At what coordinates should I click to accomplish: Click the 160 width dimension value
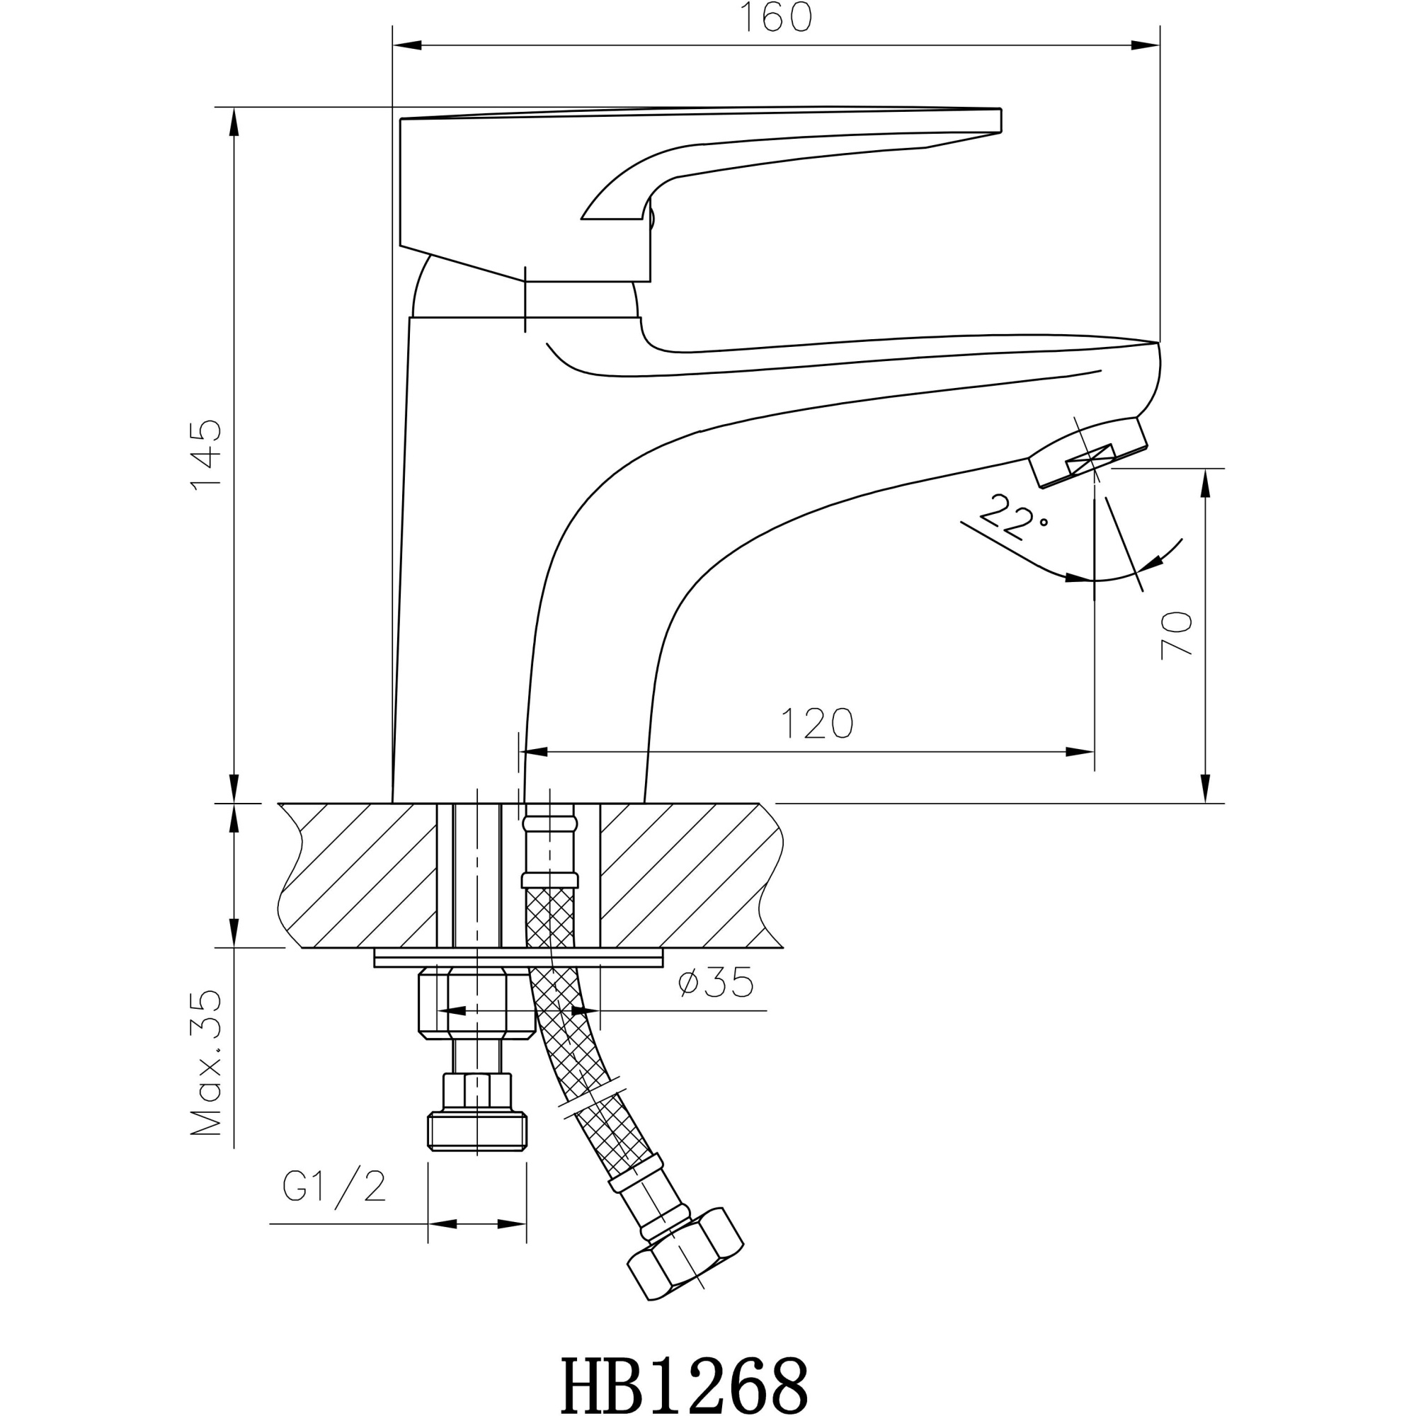coord(775,18)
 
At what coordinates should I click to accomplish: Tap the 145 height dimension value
coord(207,455)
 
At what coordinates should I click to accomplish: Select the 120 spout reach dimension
coord(817,724)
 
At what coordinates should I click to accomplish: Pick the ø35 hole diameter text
coord(715,983)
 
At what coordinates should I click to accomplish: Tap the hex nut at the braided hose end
coord(686,1255)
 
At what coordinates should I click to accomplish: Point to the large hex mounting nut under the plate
coord(475,1003)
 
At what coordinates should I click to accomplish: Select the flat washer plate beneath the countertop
coord(518,958)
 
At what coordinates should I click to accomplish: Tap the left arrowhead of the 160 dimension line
coord(408,45)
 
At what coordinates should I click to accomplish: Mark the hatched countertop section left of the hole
coord(359,875)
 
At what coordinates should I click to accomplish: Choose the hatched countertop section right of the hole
coord(685,875)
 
